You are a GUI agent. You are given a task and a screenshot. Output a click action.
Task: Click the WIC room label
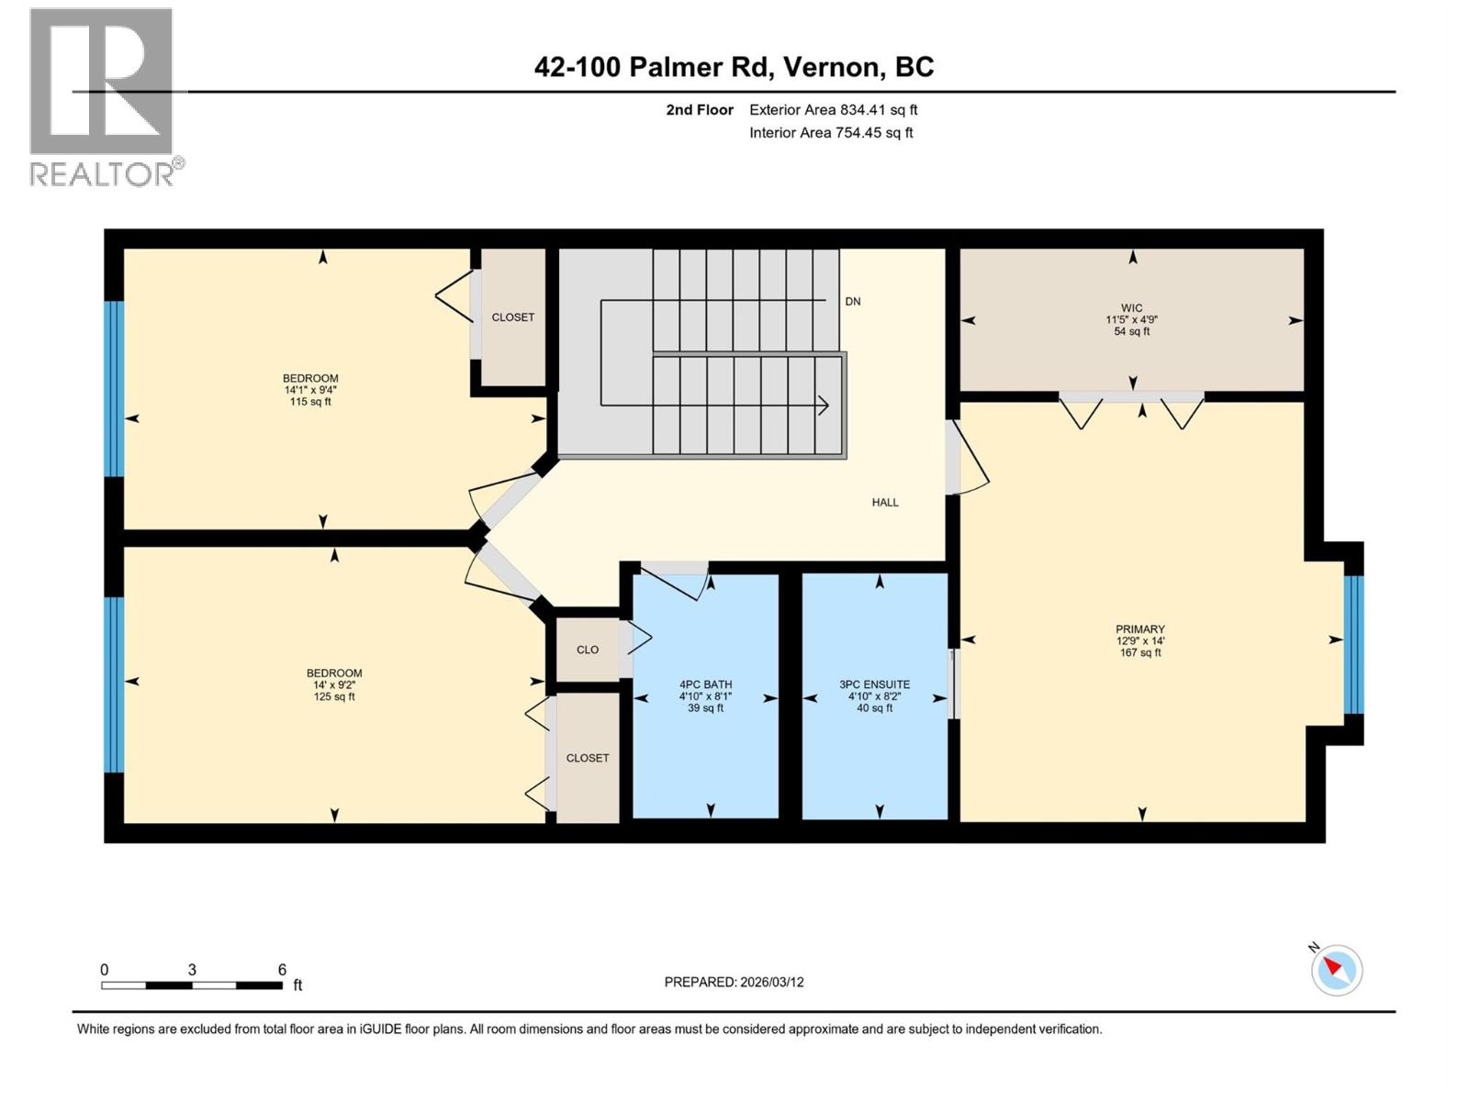pos(1131,308)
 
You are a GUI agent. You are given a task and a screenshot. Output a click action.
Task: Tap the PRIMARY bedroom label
pos(1139,629)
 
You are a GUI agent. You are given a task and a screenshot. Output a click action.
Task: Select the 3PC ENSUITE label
pos(874,684)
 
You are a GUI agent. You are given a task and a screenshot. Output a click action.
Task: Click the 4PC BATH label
pos(705,684)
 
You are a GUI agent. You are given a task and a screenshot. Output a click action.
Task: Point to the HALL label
pos(885,503)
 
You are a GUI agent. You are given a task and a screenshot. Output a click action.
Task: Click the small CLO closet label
pos(588,650)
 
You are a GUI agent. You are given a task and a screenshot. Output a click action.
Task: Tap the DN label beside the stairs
pos(853,302)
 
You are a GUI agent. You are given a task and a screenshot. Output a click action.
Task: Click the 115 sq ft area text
pos(310,402)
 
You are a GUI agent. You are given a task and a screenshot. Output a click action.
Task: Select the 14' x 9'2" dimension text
pos(334,684)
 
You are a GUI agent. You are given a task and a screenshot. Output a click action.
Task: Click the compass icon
pos(1336,970)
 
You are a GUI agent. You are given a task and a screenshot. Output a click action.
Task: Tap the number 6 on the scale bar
pos(282,970)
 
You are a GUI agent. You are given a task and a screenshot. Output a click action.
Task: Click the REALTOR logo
pos(102,96)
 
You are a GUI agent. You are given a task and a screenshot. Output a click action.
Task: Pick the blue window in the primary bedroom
pos(1353,644)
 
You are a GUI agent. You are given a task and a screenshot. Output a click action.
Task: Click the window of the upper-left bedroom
pos(114,389)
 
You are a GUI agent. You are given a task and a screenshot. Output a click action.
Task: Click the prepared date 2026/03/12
pos(770,982)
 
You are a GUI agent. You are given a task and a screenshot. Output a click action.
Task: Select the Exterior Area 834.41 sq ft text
pos(833,110)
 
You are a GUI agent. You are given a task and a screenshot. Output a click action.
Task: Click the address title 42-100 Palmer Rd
pos(734,67)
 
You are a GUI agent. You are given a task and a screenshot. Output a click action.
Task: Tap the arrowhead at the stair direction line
pos(824,405)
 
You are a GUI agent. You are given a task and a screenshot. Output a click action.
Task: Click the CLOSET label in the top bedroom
pos(512,317)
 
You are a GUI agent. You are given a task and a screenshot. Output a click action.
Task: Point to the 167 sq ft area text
pos(1139,653)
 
